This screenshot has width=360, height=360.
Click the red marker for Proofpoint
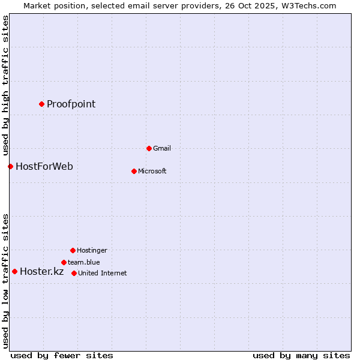41,104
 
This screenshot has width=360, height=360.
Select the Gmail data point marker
149,148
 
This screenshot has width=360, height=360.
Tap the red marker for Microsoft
134,171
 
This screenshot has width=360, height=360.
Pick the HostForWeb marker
10,166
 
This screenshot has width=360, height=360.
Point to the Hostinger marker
73,250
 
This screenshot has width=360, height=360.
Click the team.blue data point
64,262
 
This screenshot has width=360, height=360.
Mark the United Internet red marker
74,273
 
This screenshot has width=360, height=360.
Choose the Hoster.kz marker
14,271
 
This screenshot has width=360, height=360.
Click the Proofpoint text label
71,104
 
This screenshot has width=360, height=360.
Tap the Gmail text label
162,148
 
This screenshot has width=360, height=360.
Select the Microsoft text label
152,171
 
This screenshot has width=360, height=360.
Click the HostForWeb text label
44,166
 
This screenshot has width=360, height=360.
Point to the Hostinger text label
92,250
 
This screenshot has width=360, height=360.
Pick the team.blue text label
83,262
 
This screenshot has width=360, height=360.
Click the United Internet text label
102,273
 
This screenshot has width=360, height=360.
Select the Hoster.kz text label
41,271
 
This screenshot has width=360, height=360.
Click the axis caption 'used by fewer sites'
62,355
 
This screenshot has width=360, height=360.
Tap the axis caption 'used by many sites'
301,355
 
